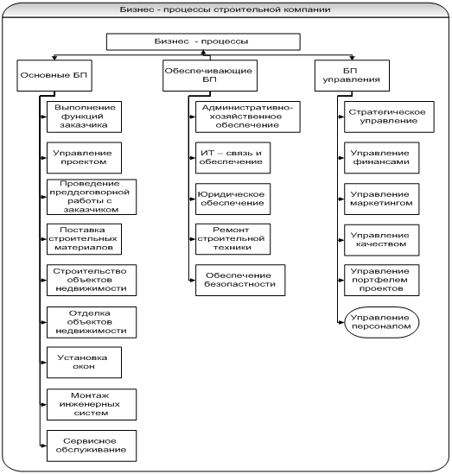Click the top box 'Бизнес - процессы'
[203, 41]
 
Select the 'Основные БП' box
[54, 75]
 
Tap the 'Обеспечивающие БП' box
[210, 75]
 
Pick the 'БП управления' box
[352, 75]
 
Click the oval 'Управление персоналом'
[381, 322]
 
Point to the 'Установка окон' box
[84, 362]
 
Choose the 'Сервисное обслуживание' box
[92, 446]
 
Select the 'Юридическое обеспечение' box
[233, 199]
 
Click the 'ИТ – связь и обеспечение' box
[233, 158]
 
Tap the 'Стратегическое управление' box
[389, 117]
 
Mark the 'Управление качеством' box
[381, 240]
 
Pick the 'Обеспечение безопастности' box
[240, 280]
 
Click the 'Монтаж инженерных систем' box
[92, 404]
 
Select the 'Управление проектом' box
[84, 158]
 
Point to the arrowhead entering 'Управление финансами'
[341, 158]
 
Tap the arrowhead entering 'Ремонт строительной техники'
[193, 239]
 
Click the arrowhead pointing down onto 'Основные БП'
[54, 58]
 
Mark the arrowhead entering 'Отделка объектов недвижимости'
[44, 322]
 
